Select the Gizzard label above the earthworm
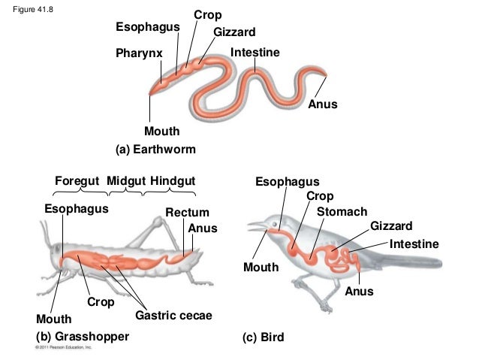click(234, 32)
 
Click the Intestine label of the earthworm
click(255, 53)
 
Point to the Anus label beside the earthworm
click(323, 104)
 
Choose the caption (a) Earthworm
click(155, 150)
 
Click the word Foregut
click(78, 181)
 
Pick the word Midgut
click(125, 181)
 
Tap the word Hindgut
click(173, 181)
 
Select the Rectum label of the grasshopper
click(187, 213)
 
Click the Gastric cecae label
click(173, 316)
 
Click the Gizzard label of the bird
click(391, 226)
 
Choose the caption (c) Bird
click(263, 337)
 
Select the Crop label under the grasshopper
click(100, 302)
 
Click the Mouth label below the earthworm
click(161, 132)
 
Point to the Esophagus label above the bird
click(287, 182)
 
